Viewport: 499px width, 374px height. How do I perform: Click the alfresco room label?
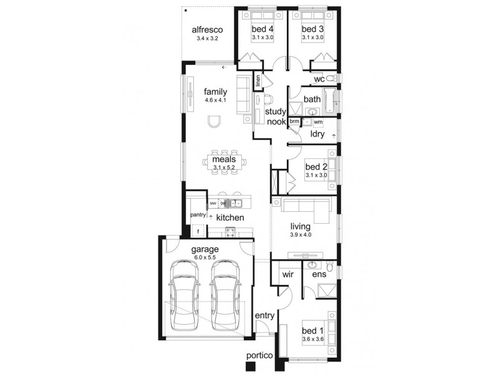coord(207,29)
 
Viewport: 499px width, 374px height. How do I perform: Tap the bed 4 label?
coord(263,29)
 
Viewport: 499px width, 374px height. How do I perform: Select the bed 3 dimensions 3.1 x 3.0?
coord(312,38)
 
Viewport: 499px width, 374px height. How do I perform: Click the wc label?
coord(319,79)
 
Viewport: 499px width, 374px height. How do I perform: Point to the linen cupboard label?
coord(256,81)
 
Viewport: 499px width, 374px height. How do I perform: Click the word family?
coord(215,91)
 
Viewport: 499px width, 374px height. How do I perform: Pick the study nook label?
coord(275,117)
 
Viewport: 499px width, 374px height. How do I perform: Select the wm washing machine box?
coord(318,122)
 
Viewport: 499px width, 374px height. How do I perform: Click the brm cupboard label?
coord(294,122)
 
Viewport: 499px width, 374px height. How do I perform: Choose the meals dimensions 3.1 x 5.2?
coord(223,167)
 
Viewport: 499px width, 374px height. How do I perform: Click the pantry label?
coord(198,215)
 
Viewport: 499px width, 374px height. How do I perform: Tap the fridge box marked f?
coord(198,232)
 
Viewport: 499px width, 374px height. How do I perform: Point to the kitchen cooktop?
coord(230,232)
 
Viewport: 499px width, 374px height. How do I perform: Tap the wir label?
coord(288,274)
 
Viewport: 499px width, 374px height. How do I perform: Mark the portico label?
coord(259,355)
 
